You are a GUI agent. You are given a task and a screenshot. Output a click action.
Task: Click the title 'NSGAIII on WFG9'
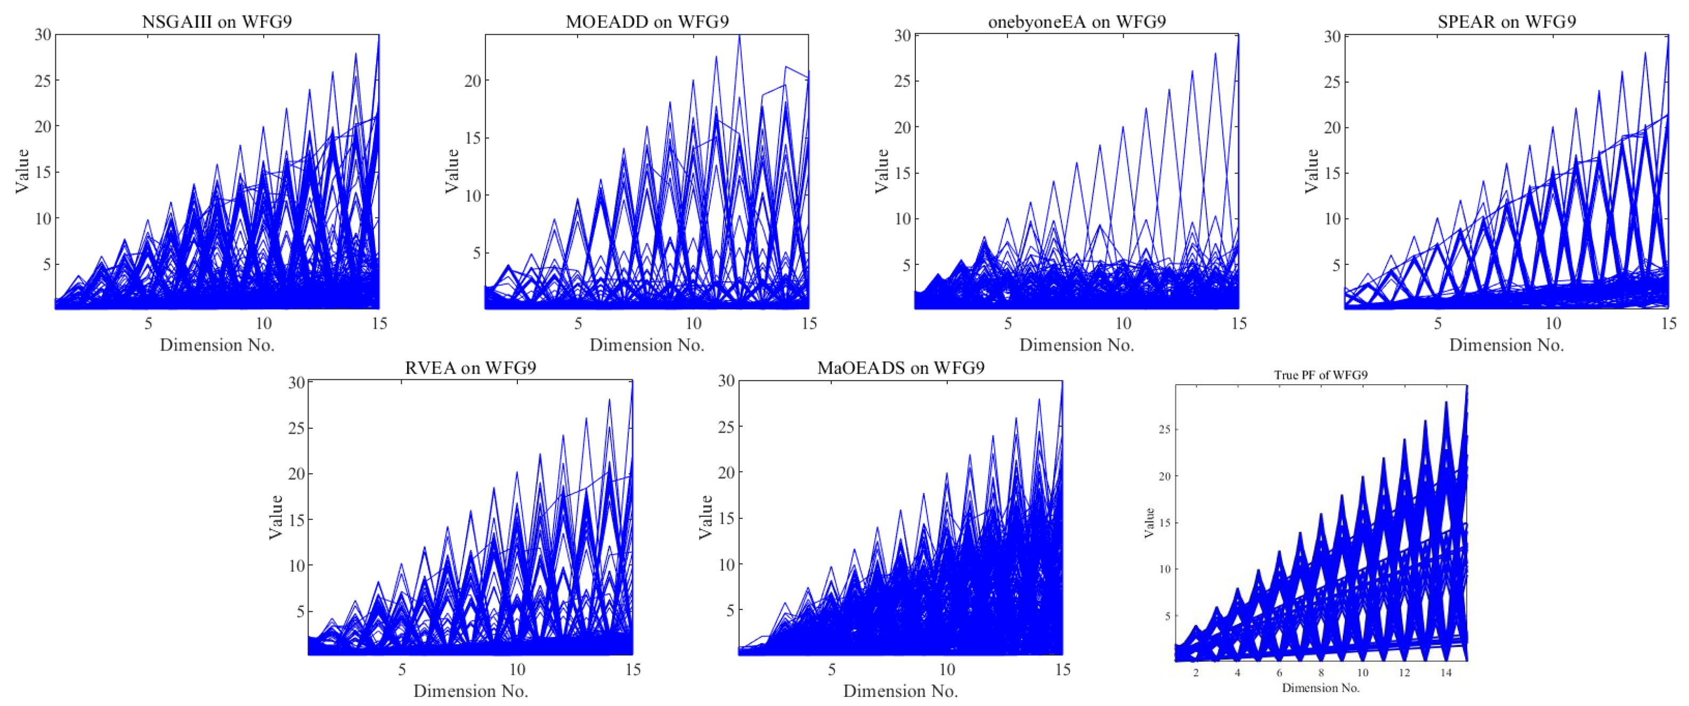coord(216,22)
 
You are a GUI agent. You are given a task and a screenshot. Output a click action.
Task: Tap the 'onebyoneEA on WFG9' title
coord(1077,22)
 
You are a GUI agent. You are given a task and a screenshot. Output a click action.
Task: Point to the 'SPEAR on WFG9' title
coord(1506,22)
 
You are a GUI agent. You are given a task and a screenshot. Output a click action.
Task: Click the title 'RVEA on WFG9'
coord(470,368)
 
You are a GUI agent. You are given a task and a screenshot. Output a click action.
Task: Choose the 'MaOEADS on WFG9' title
coord(900,368)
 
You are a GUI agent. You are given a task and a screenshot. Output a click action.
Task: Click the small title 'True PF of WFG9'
coord(1320,375)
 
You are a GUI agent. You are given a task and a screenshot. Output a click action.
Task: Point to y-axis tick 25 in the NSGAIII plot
coord(43,80)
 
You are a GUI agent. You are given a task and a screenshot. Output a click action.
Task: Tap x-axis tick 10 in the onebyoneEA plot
coord(1123,323)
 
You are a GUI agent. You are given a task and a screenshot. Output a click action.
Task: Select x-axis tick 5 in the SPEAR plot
coord(1437,323)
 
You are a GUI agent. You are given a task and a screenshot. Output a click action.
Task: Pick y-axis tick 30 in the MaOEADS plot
coord(725,381)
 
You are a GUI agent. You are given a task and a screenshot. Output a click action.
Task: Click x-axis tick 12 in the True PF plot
coord(1404,672)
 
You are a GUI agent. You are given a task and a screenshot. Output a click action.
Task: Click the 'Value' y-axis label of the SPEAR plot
coord(1311,171)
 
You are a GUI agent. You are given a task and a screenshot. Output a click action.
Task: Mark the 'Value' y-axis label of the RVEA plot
coord(276,517)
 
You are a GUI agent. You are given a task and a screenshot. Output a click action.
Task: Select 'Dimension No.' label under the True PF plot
coord(1320,688)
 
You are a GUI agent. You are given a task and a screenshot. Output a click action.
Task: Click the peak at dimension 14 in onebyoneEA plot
coord(1214,54)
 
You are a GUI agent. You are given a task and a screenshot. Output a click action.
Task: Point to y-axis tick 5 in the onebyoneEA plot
coord(906,265)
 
